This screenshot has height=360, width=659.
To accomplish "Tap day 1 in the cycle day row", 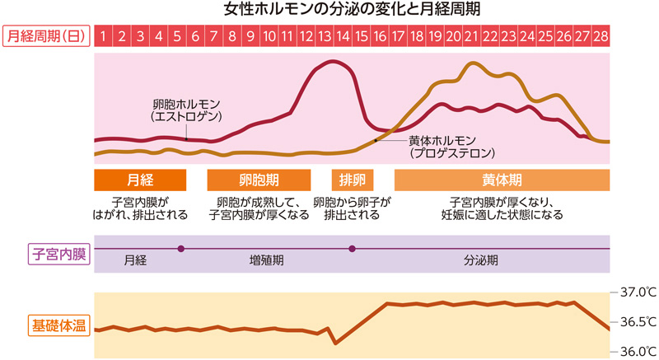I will (104, 36).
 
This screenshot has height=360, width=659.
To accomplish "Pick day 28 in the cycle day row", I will (601, 36).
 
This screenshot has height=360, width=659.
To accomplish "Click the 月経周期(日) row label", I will (46, 36).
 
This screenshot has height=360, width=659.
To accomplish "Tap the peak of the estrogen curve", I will (334, 62).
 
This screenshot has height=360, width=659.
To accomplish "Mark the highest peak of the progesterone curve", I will (472, 63).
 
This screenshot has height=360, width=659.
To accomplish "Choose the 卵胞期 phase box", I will (258, 180).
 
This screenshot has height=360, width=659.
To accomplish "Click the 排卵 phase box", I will (352, 180).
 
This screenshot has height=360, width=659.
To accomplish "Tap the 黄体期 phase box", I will (502, 180).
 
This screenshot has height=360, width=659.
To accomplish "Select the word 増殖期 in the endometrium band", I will (267, 260).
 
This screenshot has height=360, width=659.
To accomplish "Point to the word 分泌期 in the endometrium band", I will (481, 260).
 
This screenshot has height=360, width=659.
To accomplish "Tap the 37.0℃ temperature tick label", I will (635, 292).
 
